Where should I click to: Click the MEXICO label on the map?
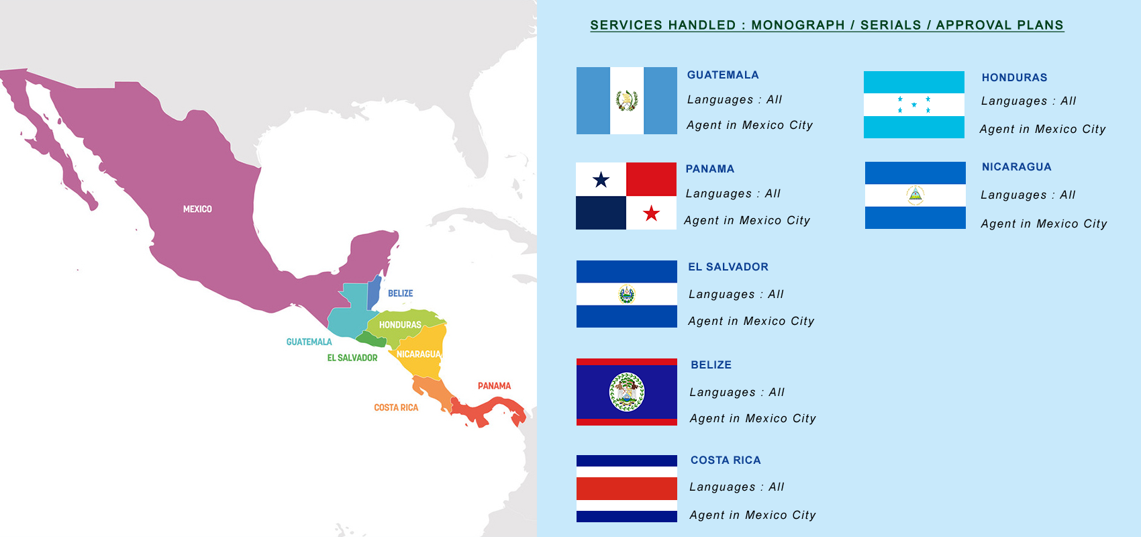(x=197, y=209)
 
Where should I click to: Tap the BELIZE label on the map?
(x=400, y=293)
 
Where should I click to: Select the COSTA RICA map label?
(x=396, y=407)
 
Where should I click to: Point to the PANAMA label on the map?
(x=494, y=386)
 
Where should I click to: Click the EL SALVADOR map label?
(x=352, y=358)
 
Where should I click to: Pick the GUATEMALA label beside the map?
(x=309, y=342)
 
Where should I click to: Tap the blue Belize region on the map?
(x=374, y=291)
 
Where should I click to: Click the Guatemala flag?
(x=626, y=101)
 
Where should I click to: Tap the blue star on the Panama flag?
(x=601, y=180)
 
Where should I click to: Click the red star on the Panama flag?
(x=651, y=213)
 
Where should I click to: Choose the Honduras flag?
(x=913, y=105)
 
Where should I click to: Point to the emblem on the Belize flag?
(x=627, y=392)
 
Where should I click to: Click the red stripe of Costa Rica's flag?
(x=626, y=489)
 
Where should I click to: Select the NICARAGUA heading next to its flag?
(x=1016, y=167)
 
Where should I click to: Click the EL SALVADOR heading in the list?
(x=728, y=267)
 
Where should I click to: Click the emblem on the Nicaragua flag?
(x=915, y=195)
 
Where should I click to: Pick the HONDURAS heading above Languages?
(x=1014, y=78)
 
